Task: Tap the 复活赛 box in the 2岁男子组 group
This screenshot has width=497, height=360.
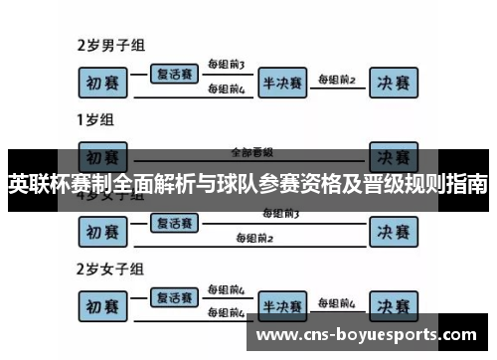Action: point(174,73)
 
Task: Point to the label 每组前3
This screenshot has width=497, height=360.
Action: point(226,65)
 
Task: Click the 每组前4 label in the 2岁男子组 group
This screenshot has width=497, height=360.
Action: point(226,89)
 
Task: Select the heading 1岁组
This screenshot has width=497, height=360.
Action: point(95,120)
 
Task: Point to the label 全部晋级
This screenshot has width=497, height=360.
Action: point(250,152)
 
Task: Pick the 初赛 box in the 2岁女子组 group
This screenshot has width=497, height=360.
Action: point(104,304)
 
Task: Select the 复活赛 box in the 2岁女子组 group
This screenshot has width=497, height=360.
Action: point(174,296)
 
